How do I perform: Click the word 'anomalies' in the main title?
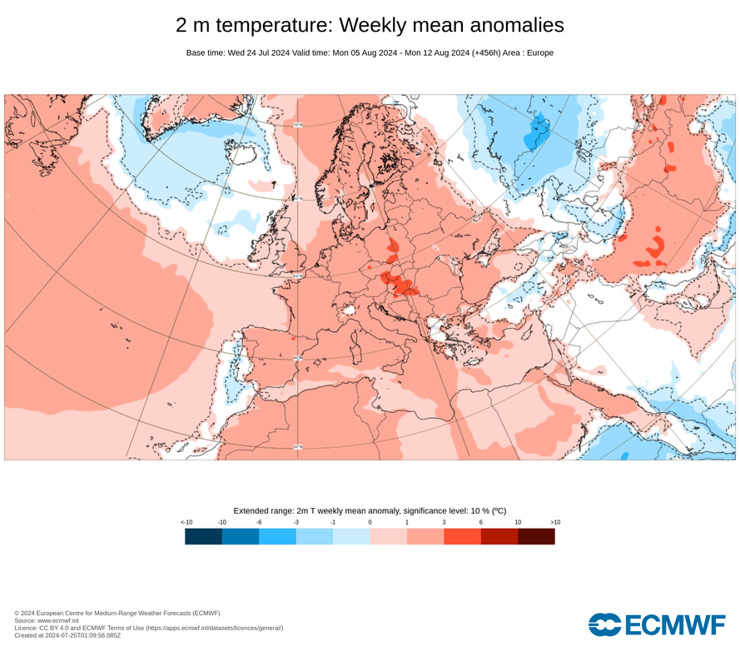(504, 26)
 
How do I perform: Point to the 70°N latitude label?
(297, 126)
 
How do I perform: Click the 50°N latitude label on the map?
(297, 276)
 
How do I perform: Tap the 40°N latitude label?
(297, 359)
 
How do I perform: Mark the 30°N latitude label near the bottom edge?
(297, 447)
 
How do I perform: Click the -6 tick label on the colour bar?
(259, 522)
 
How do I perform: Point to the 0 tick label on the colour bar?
(370, 522)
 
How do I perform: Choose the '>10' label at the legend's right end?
(554, 522)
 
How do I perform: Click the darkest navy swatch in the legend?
(203, 536)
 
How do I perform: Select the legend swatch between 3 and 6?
(462, 536)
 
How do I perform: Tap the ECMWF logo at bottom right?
(657, 624)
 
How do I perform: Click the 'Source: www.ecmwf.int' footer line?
(47, 620)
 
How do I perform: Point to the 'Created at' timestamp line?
(67, 635)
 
